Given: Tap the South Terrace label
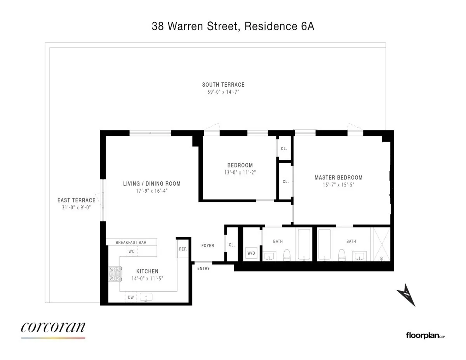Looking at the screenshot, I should (223, 85).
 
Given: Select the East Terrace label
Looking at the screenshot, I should (76, 200).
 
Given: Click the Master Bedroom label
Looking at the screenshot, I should (338, 178).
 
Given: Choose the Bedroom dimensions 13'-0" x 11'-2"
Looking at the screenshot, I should (240, 172).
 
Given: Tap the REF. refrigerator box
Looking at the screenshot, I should (183, 249).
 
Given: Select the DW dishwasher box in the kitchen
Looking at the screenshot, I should (131, 297).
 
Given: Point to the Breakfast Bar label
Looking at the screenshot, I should (131, 242).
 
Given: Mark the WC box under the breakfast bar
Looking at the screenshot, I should (132, 251).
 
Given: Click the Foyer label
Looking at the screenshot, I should (208, 245).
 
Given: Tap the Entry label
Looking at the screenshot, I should (203, 268).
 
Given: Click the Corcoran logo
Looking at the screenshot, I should (53, 328).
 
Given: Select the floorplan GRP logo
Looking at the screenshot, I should (425, 335).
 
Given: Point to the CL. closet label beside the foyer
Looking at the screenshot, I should (231, 245).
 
